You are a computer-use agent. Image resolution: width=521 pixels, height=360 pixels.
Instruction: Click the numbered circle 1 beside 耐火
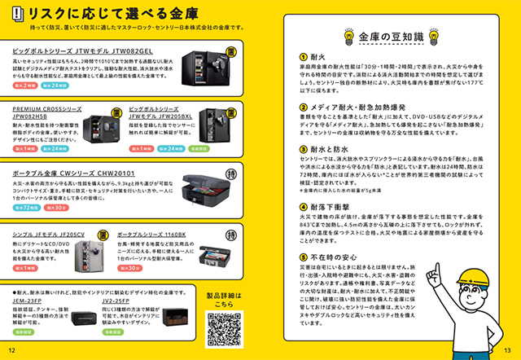[301, 56]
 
